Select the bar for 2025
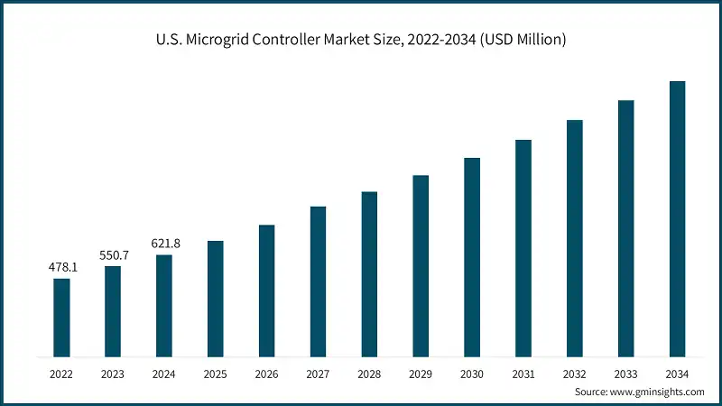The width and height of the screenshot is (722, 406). point(215,298)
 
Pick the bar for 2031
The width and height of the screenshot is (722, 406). point(523,247)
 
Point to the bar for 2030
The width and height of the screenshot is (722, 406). point(472,256)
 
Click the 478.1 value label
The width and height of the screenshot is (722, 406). point(61,268)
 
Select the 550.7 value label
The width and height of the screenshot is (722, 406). point(113,255)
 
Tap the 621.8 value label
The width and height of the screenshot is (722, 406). point(163,244)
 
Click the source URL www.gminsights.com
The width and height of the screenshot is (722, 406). point(658,392)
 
